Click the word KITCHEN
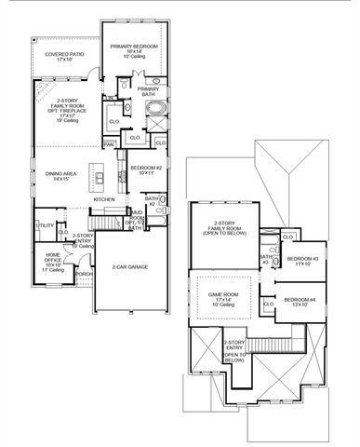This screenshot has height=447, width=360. (x=104, y=199)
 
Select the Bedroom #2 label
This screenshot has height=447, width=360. (x=146, y=169)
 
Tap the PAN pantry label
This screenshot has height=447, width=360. (x=109, y=144)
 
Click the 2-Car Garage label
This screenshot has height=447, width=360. (x=129, y=267)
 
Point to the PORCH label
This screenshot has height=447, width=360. (x=83, y=275)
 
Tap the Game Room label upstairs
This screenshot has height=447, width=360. (x=223, y=298)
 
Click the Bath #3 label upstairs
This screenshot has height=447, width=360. (x=267, y=259)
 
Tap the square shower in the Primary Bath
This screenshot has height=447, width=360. (x=130, y=111)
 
